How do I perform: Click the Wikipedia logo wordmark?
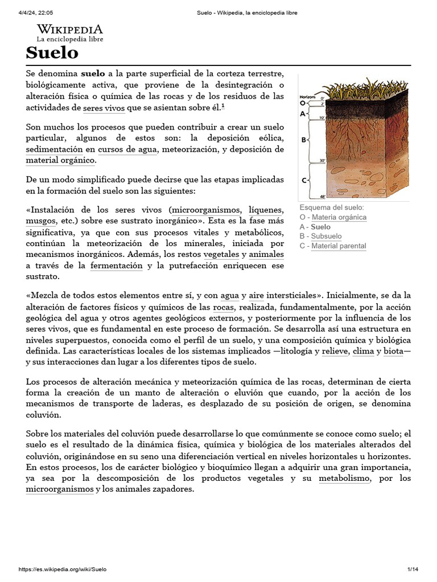(70, 29)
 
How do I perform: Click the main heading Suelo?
(52, 53)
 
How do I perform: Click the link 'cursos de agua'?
(129, 149)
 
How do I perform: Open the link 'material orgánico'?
(60, 160)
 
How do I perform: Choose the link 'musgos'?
(41, 221)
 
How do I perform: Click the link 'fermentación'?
(117, 265)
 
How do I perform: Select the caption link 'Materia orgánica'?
(339, 217)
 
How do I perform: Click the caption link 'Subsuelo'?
(327, 236)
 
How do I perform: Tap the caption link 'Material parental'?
(339, 246)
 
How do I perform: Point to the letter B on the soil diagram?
(303, 139)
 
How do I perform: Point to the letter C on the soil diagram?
(303, 180)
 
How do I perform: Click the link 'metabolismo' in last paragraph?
(344, 479)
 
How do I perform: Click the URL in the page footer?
(62, 569)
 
